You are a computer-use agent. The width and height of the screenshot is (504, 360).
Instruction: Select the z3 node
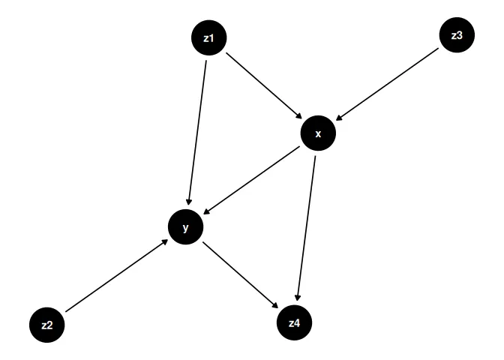click(x=457, y=34)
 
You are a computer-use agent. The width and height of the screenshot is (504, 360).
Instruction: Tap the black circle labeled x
click(x=318, y=133)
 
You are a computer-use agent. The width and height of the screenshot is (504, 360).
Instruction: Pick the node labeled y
click(x=186, y=226)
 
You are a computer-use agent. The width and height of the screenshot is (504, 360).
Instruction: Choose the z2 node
click(x=47, y=325)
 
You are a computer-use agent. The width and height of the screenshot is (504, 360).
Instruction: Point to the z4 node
click(x=294, y=323)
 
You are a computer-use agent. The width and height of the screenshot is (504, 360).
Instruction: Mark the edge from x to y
click(x=252, y=180)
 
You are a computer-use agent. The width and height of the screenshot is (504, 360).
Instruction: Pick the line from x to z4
click(x=307, y=225)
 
